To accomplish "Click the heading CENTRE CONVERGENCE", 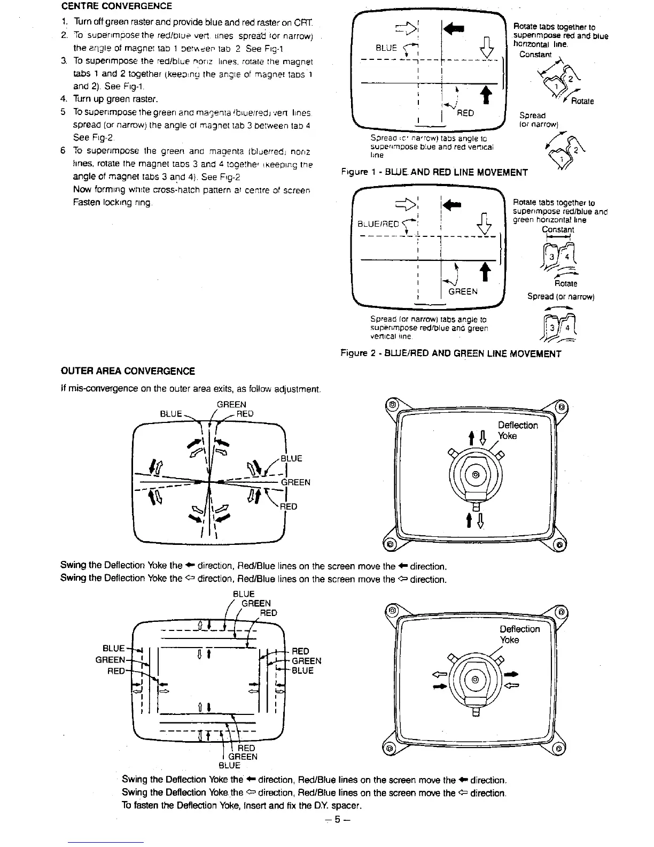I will point(116,6).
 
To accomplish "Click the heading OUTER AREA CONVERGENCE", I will point(128,371).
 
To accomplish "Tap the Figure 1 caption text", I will point(434,172).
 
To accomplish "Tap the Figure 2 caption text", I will point(451,353).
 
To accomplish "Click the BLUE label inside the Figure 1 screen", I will point(386,48).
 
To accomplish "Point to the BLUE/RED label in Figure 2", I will point(378,224).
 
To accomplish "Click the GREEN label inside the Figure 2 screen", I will point(463,291).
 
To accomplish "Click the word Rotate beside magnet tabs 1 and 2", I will point(582,102).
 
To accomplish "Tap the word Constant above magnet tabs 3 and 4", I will point(558,229).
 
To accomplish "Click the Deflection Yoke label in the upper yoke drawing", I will point(517,430).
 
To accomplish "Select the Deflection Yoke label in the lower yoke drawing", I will point(519,634).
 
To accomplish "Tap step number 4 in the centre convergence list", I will point(63,99).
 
